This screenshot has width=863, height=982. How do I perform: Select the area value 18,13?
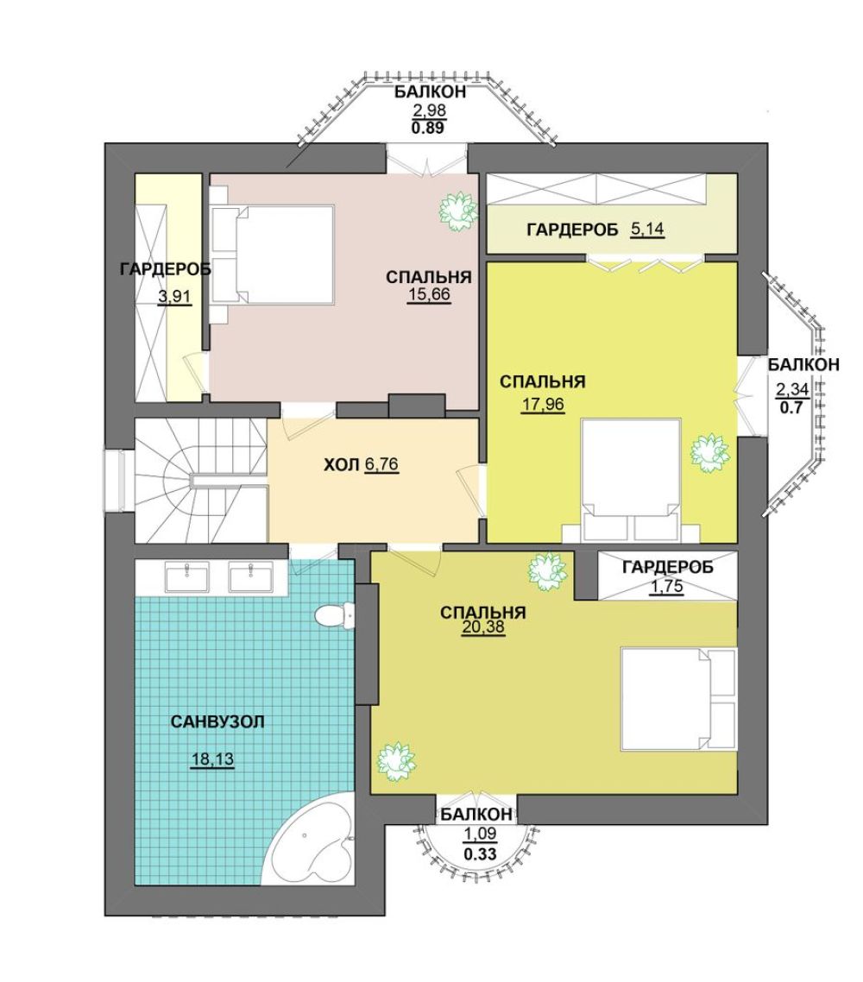tap(212, 759)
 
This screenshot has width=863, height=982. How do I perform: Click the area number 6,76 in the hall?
tap(381, 465)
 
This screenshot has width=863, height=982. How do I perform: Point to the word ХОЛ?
tap(342, 465)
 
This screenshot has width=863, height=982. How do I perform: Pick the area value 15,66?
tap(430, 293)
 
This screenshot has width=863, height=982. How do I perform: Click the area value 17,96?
tap(543, 404)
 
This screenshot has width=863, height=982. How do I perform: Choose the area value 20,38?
tap(483, 627)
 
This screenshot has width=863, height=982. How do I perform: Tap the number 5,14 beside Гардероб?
tap(647, 229)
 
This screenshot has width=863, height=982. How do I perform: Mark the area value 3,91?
tap(174, 296)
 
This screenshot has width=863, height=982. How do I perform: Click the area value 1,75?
tap(666, 587)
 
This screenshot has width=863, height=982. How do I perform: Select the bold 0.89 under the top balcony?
tap(428, 129)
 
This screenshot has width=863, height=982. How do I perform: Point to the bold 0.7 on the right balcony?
tap(791, 407)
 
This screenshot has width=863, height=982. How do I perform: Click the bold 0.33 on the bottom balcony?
tap(481, 853)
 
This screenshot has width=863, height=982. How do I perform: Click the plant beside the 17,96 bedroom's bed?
tap(710, 453)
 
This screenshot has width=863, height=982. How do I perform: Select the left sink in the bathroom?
tap(186, 576)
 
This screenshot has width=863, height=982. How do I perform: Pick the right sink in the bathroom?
tap(250, 576)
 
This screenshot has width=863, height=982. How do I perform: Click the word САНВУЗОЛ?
tap(217, 721)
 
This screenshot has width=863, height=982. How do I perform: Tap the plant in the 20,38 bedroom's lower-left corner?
tap(396, 761)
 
